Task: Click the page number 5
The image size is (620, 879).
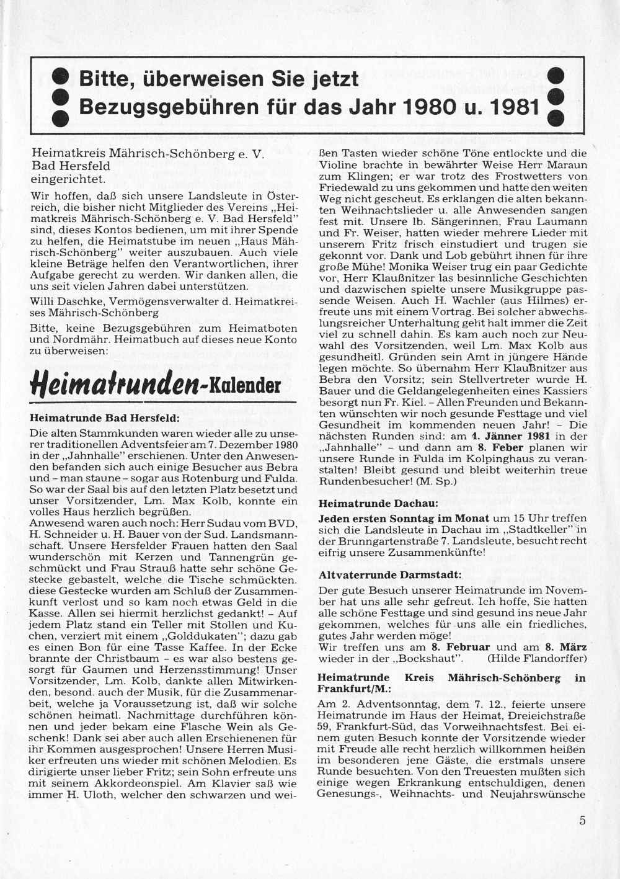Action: pyautogui.click(x=582, y=820)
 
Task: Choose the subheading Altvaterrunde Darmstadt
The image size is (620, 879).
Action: pyautogui.click(x=390, y=574)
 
